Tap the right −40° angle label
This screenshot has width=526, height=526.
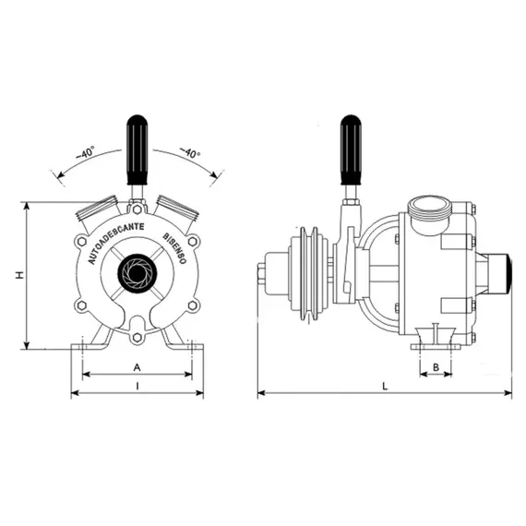pos(189,152)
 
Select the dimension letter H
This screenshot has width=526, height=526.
pos(18,275)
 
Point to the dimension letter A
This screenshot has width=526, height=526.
pos(137,366)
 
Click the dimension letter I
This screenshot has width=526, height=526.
pos(137,388)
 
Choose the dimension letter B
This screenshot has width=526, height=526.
pos(436,366)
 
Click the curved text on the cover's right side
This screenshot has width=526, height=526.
pos(175,249)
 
